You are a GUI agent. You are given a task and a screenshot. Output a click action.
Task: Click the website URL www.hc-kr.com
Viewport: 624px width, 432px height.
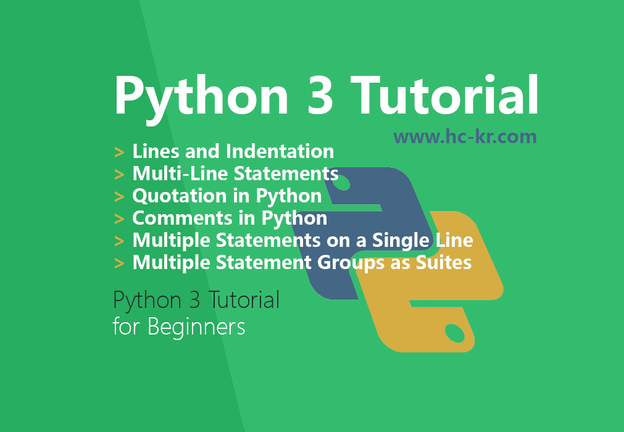tap(465, 136)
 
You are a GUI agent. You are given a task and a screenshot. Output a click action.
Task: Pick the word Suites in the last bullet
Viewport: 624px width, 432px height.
tap(442, 263)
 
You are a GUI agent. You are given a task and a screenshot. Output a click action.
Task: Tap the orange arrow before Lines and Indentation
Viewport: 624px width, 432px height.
tap(119, 152)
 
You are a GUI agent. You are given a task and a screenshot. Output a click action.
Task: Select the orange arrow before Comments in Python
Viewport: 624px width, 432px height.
tap(119, 219)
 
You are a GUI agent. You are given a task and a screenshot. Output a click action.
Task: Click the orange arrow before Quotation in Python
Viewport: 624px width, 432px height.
tap(119, 197)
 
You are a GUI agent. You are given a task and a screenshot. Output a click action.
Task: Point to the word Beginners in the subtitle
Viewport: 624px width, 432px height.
tap(196, 326)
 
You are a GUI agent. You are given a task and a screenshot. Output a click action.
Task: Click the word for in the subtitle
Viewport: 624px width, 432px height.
tap(126, 326)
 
